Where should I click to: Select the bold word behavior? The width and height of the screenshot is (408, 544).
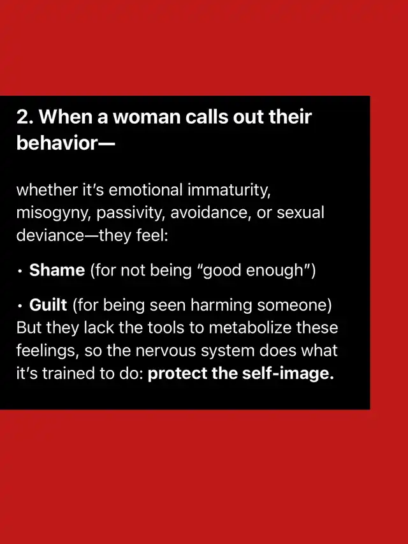click(56, 143)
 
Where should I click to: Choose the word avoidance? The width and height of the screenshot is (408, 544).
click(211, 212)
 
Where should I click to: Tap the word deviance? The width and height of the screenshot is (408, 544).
click(50, 235)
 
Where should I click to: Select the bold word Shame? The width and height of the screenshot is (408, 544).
click(57, 270)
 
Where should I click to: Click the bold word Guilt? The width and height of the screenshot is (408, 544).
click(48, 305)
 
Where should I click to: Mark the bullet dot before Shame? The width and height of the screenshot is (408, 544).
click(20, 271)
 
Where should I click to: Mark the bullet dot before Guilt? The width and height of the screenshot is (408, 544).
click(20, 306)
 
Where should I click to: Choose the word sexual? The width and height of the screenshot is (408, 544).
click(300, 212)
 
